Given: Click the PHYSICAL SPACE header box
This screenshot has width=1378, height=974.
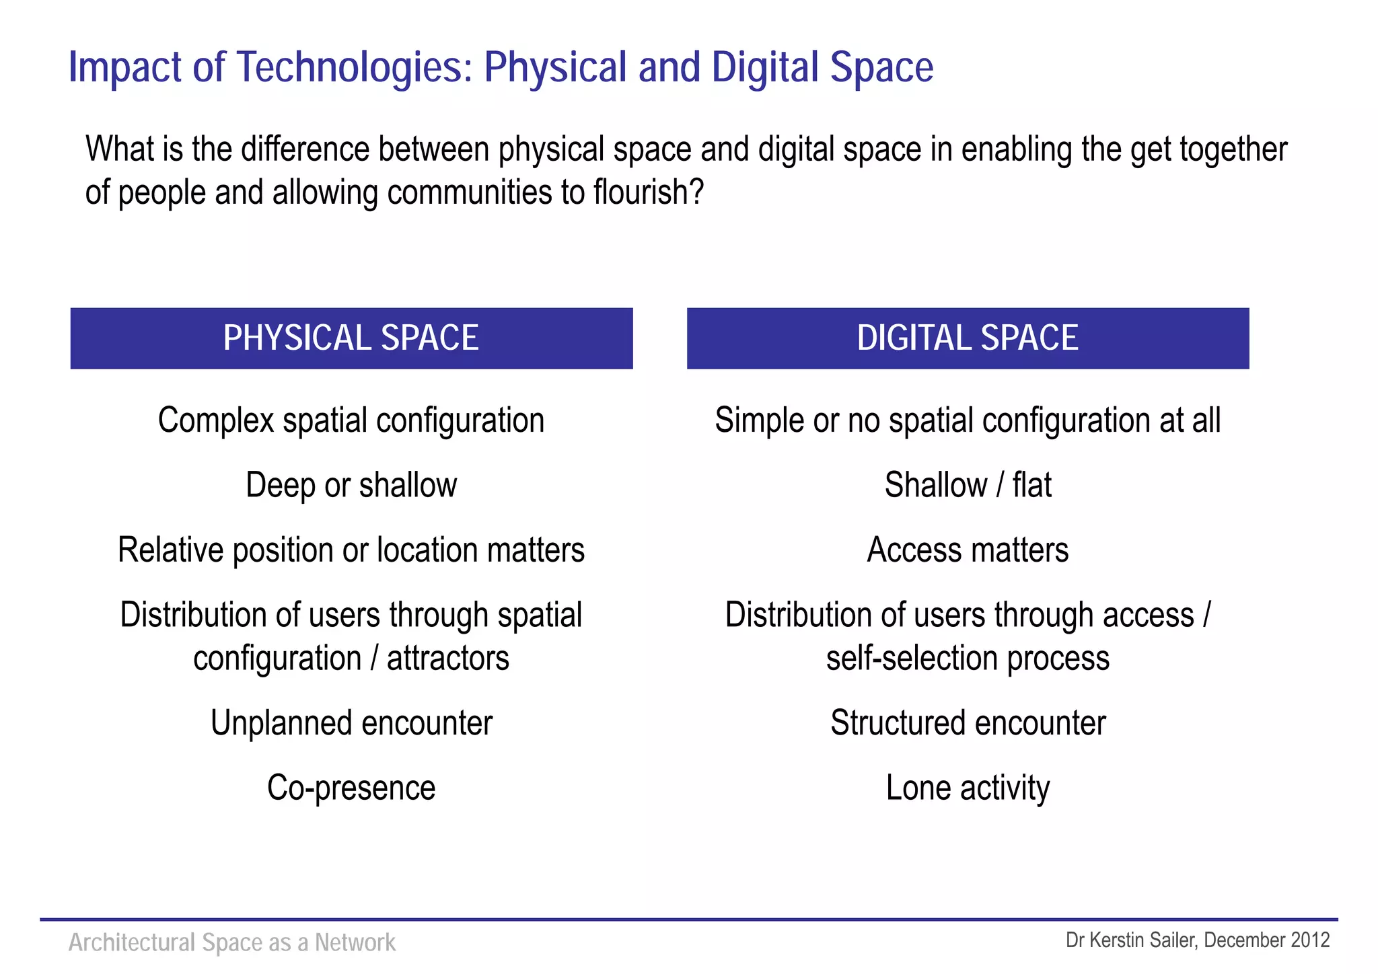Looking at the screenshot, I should [351, 338].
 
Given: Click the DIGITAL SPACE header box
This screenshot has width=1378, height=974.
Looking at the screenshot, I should [968, 338].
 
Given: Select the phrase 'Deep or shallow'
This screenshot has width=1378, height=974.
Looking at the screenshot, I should [351, 485].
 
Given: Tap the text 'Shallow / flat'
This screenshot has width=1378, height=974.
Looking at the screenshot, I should [968, 485].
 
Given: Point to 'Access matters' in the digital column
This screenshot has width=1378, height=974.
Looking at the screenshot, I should [968, 550].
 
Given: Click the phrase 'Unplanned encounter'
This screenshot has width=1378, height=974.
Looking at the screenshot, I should [351, 723].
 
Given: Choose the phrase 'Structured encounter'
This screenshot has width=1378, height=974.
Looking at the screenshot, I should [968, 723].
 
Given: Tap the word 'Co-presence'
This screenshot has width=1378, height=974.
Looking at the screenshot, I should [351, 788].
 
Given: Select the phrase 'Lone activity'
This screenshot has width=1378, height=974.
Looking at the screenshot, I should [968, 788].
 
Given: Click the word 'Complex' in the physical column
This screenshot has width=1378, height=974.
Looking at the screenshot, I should [216, 421].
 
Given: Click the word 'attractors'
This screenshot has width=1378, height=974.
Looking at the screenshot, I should [447, 659].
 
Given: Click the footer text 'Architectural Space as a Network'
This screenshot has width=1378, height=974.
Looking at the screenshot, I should [232, 942].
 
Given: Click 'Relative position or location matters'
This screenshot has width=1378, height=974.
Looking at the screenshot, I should [351, 550].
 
